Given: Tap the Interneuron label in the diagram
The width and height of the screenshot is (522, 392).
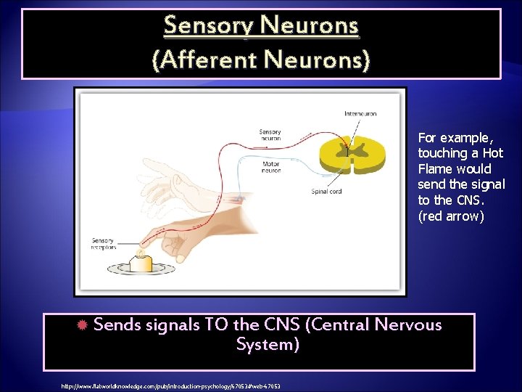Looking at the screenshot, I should pyautogui.click(x=360, y=114).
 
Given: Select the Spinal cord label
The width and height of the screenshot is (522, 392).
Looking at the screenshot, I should pyautogui.click(x=326, y=192).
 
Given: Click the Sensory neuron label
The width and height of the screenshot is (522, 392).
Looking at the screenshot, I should pyautogui.click(x=270, y=135).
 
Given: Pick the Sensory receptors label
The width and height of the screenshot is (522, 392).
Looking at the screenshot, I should pyautogui.click(x=103, y=244).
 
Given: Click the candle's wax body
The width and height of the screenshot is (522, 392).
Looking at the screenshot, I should pyautogui.click(x=140, y=264).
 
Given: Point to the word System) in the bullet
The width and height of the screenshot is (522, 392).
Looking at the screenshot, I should pyautogui.click(x=268, y=344).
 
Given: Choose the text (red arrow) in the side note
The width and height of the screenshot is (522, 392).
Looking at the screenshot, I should pyautogui.click(x=451, y=216).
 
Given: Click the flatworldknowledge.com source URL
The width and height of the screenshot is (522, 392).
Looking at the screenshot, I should pyautogui.click(x=171, y=386).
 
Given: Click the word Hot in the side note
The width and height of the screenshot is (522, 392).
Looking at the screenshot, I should pyautogui.click(x=492, y=153).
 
